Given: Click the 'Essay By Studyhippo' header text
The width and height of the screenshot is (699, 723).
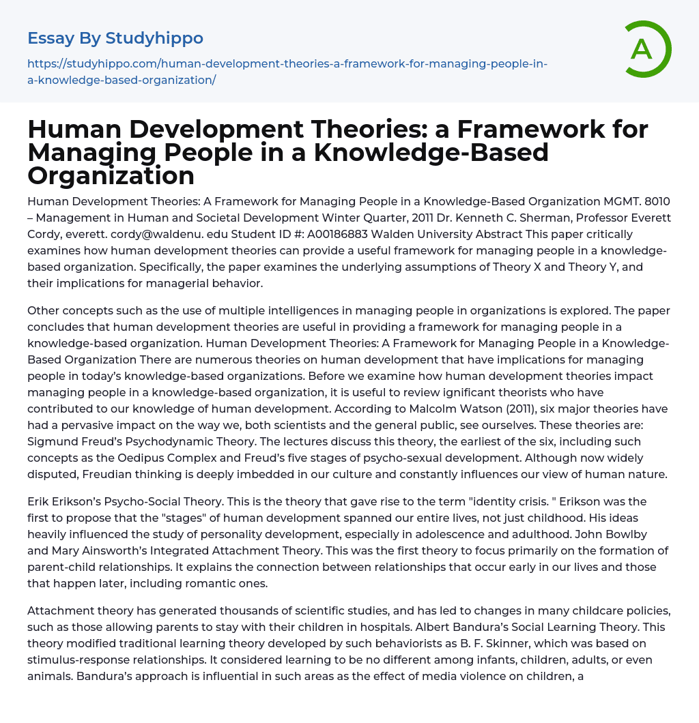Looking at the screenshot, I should tap(115, 38).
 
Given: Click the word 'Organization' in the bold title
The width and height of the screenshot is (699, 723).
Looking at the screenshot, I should tap(111, 175).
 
